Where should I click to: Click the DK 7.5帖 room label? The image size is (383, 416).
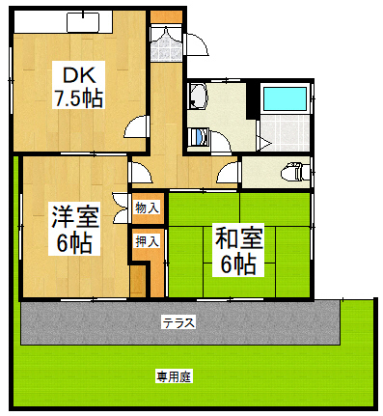[77, 85]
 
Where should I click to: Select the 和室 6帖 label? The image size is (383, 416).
[235, 249]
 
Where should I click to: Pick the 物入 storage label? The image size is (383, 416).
[148, 207]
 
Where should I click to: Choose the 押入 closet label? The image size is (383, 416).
[148, 240]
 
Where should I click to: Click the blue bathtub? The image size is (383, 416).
[285, 98]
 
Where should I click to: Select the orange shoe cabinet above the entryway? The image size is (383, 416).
[165, 16]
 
